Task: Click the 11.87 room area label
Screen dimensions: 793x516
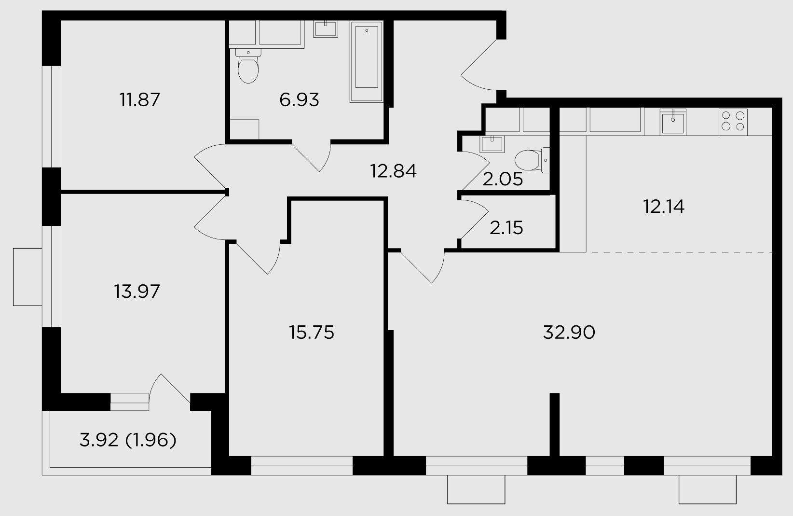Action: tap(139, 99)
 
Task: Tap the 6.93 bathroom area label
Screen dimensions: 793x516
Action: tap(299, 99)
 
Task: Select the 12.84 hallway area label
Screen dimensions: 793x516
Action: tap(393, 171)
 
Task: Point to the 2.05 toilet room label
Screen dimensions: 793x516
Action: tap(503, 179)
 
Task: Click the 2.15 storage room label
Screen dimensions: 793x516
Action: tap(506, 228)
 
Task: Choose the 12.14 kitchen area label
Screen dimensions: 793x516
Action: tap(664, 207)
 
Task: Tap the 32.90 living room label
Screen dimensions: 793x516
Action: tap(569, 333)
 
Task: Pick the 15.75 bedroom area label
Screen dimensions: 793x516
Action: tap(312, 333)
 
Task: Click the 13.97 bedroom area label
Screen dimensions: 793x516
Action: tap(137, 292)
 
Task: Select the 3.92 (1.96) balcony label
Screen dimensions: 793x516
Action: tap(128, 441)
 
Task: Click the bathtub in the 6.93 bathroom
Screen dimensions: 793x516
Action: tap(367, 62)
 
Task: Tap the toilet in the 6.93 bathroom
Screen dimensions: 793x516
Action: tap(248, 66)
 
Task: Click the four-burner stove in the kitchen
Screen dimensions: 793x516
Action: tap(733, 122)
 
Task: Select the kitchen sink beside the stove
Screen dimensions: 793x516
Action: tap(673, 122)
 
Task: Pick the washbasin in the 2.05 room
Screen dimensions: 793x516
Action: tap(492, 144)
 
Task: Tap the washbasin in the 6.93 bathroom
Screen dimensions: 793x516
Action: tap(325, 28)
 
